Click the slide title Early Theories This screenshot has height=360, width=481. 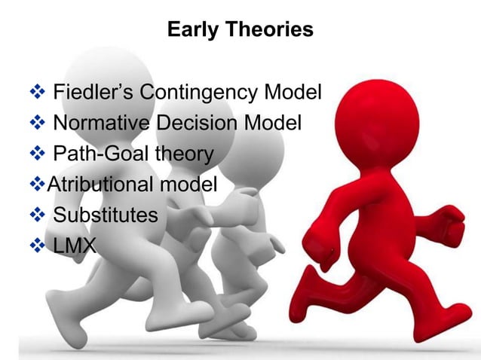point(240,30)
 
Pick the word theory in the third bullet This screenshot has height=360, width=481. point(183,154)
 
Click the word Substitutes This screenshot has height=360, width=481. point(106,215)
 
